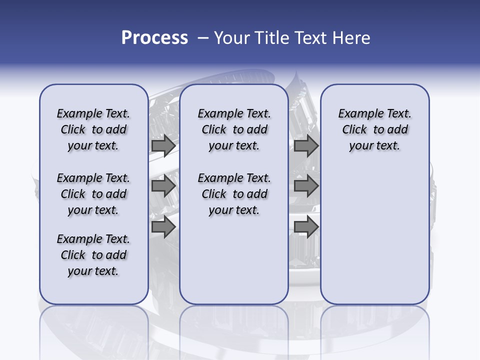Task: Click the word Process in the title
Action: coord(154,38)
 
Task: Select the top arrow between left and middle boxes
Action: coord(163,145)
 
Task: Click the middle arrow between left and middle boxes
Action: coord(163,186)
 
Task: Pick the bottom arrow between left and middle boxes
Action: coord(163,227)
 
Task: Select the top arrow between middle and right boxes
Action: coord(306,145)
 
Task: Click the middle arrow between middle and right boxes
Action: coord(306,186)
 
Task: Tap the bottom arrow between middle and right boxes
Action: coord(306,227)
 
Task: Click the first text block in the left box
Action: coord(93,129)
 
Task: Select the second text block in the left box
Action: coord(93,194)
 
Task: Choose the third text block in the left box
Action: coord(93,255)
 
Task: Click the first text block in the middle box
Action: coord(234,129)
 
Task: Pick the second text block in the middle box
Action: coord(234,194)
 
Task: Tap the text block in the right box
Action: coord(374,129)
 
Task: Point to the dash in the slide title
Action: coord(203,38)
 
